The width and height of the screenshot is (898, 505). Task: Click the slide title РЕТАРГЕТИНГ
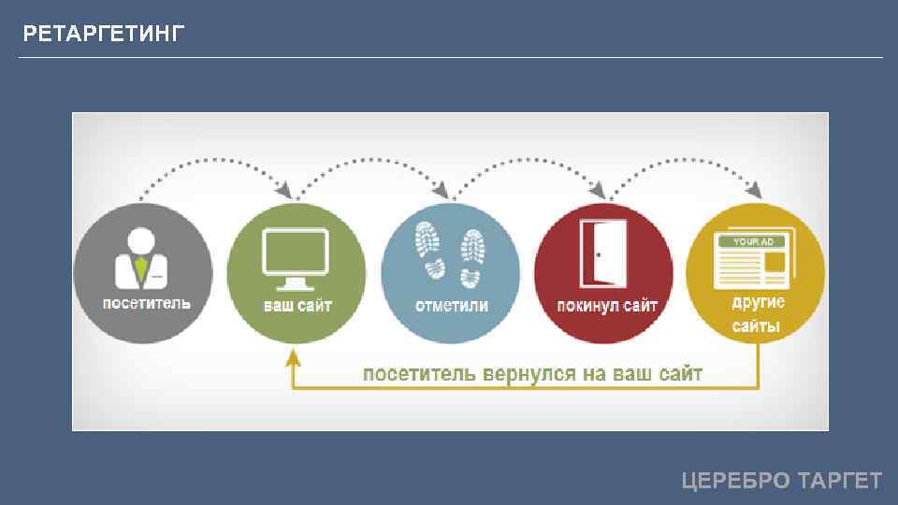pos(104,36)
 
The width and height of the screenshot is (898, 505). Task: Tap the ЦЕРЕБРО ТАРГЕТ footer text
pos(781,481)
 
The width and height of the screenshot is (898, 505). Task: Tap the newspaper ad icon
pos(754,258)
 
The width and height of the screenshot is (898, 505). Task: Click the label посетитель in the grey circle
pos(146,304)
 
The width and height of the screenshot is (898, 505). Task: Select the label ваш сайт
pos(297,306)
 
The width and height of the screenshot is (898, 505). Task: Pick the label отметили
pos(451,306)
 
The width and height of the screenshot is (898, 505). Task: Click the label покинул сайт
pos(607,306)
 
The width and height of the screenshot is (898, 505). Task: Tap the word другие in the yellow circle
pos(758,303)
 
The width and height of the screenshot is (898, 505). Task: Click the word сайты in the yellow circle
pos(756,326)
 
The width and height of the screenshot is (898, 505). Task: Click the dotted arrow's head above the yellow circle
pos(753,192)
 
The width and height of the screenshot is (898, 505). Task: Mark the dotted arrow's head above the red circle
pos(603,192)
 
